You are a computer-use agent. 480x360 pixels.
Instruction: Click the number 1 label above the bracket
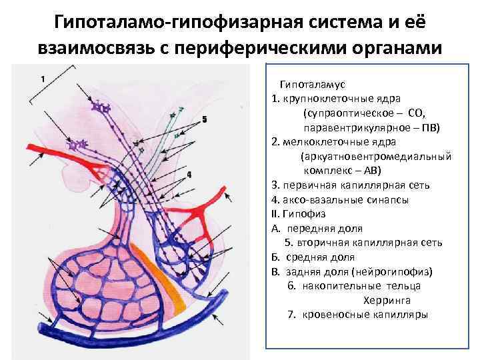(x=43, y=79)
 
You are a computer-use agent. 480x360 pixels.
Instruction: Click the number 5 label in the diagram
(x=205, y=119)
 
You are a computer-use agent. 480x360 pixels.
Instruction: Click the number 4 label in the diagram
(x=189, y=175)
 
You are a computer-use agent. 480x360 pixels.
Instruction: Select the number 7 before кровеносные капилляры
(x=291, y=315)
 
